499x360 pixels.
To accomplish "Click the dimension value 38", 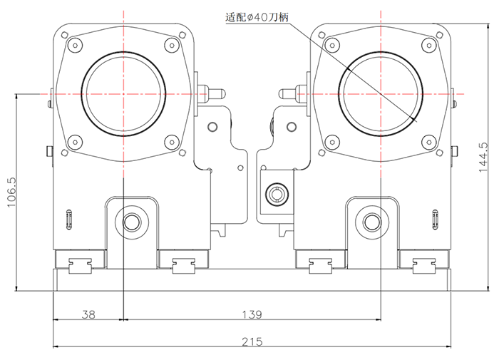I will [88, 314].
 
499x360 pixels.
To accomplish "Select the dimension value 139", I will [252, 314].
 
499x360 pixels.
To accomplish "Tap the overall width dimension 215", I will [252, 341].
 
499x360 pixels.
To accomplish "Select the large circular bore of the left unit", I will [124, 93].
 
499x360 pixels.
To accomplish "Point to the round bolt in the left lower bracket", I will [131, 222].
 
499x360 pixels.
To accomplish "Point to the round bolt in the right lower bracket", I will [371, 222].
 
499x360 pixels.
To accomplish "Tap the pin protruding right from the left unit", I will [213, 92].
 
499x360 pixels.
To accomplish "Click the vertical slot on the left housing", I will [68, 219].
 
